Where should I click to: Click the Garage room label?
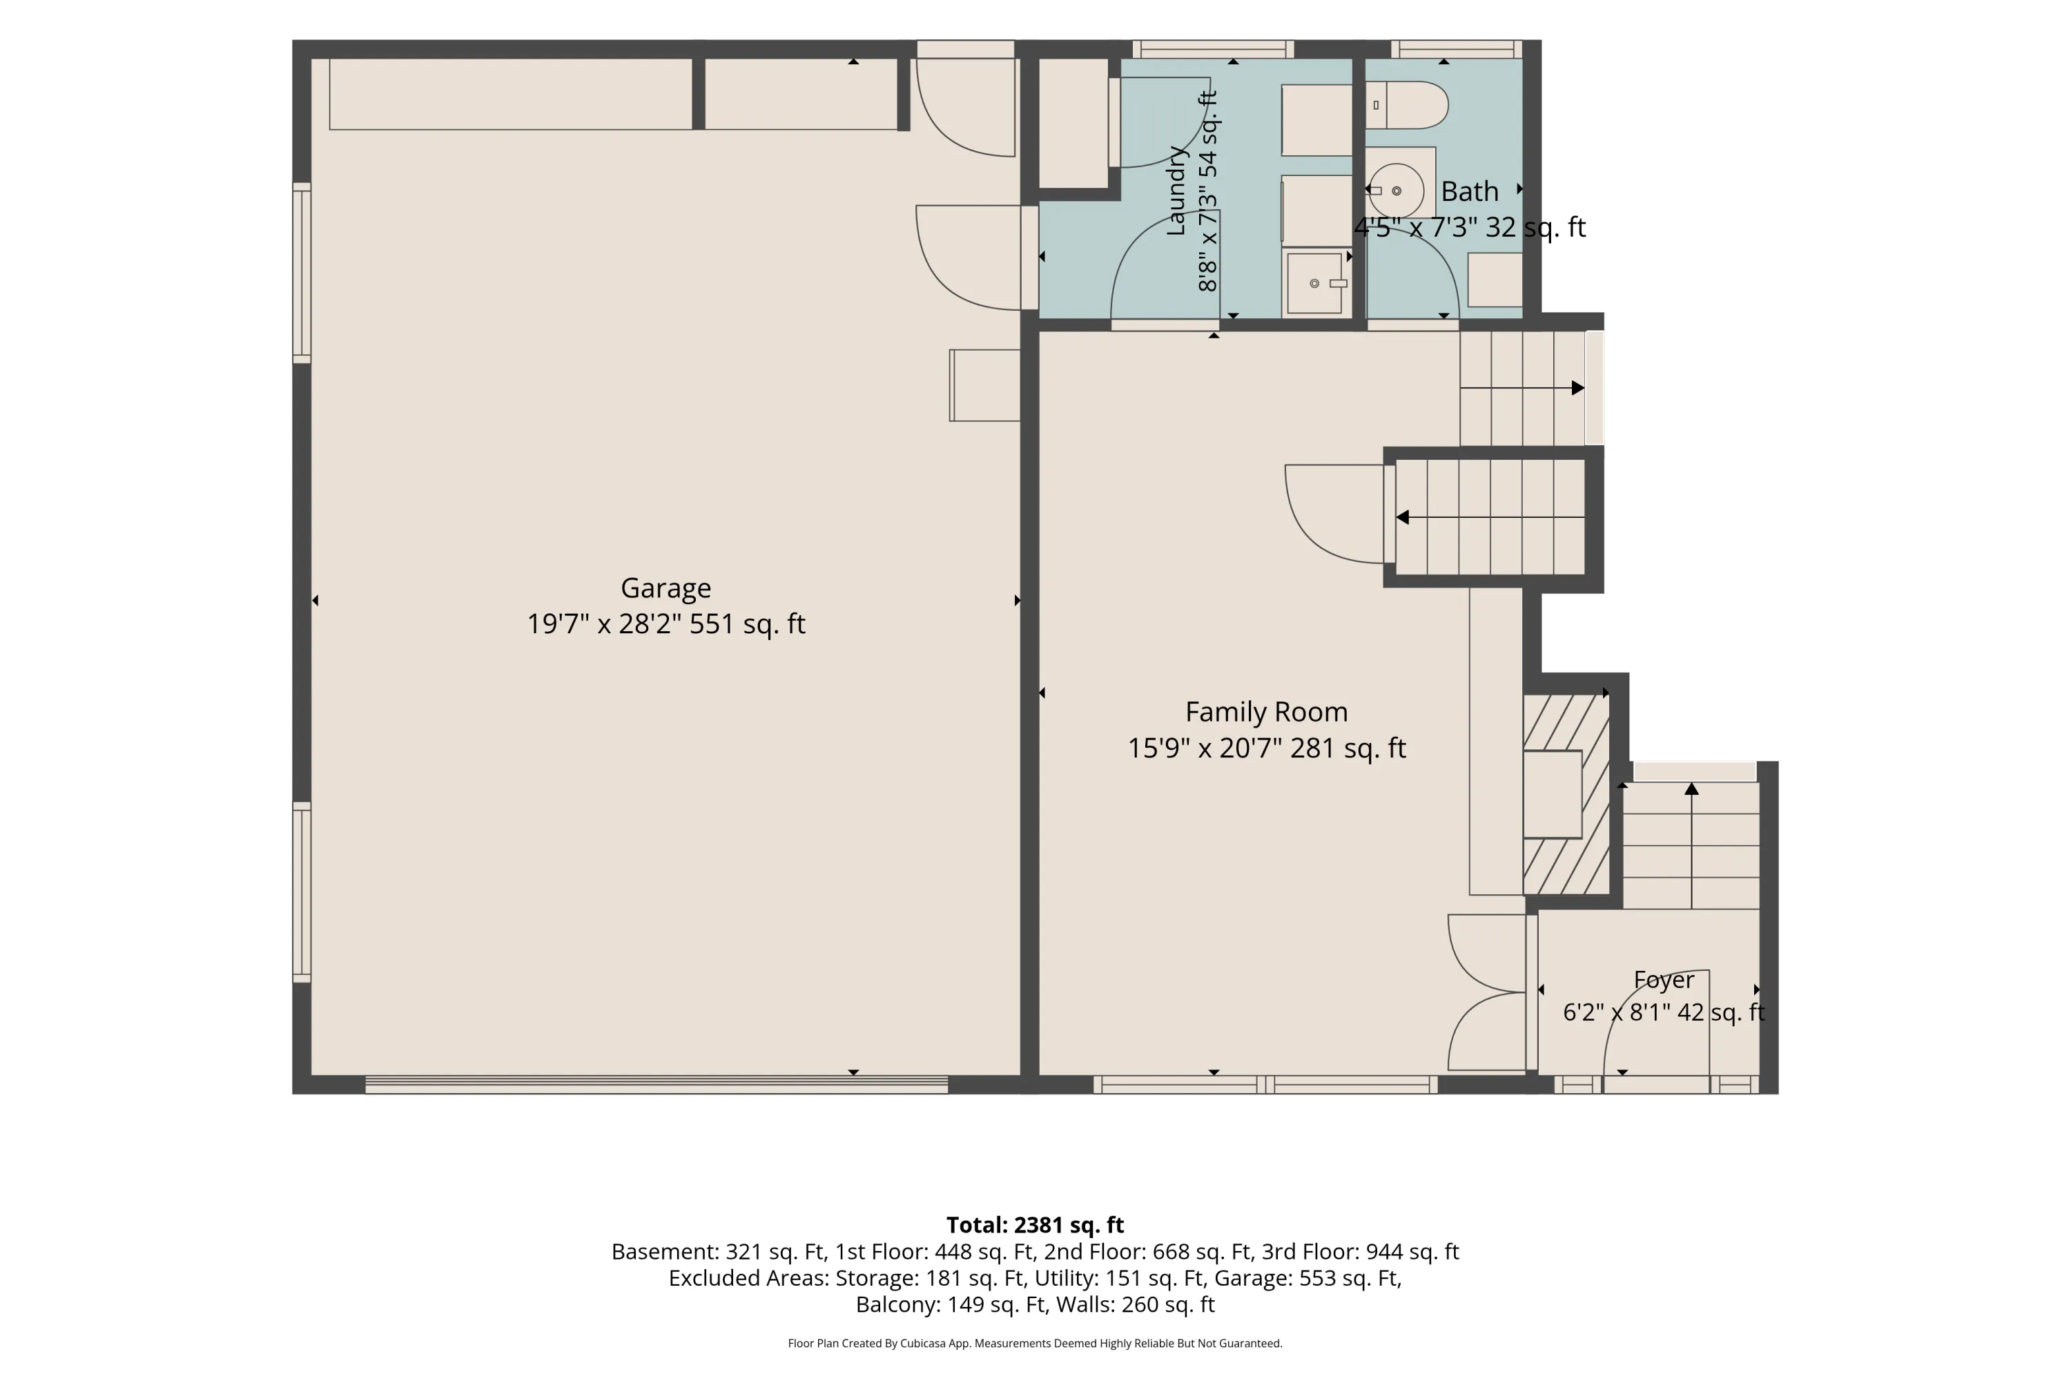point(665,588)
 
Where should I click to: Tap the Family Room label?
point(1266,712)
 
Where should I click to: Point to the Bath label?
point(1470,191)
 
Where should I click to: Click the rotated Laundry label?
point(1176,191)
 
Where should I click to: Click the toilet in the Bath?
point(1406,106)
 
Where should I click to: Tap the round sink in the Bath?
point(1397,191)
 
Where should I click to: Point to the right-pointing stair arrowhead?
point(1578,387)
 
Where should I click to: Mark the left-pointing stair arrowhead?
point(1403,517)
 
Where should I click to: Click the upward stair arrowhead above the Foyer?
point(1691,789)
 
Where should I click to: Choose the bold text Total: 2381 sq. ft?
point(1035,1225)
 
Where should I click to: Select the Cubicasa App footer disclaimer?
point(1035,1343)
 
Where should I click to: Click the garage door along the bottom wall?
point(657,1085)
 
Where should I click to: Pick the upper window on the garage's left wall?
point(302,273)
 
